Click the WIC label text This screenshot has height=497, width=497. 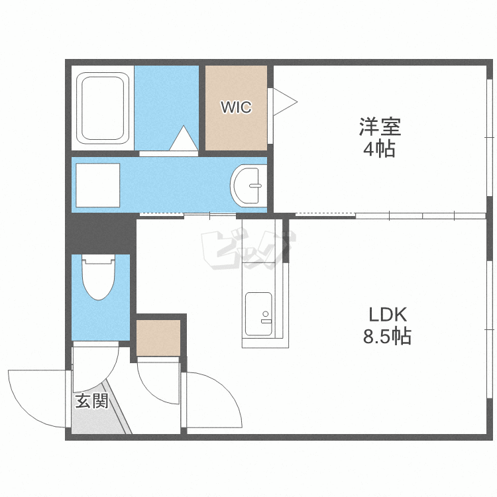[x=236, y=107]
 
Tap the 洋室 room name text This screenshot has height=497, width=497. [x=380, y=127]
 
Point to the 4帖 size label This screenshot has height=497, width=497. [x=380, y=148]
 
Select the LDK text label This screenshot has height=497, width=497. [x=388, y=315]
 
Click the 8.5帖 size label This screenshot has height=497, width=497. [x=387, y=336]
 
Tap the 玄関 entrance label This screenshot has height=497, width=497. [x=92, y=401]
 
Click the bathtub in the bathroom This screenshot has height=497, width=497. [x=102, y=108]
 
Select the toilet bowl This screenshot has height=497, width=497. [x=98, y=277]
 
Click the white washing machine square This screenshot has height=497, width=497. [x=98, y=185]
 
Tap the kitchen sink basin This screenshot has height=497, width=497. [x=258, y=314]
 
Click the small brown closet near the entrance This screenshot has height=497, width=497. [x=158, y=338]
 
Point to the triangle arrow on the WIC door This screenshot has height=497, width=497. [x=285, y=102]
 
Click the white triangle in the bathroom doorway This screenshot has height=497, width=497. [x=184, y=138]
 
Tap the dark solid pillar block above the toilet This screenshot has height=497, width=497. [x=101, y=234]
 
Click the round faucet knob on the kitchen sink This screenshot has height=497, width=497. [x=266, y=314]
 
